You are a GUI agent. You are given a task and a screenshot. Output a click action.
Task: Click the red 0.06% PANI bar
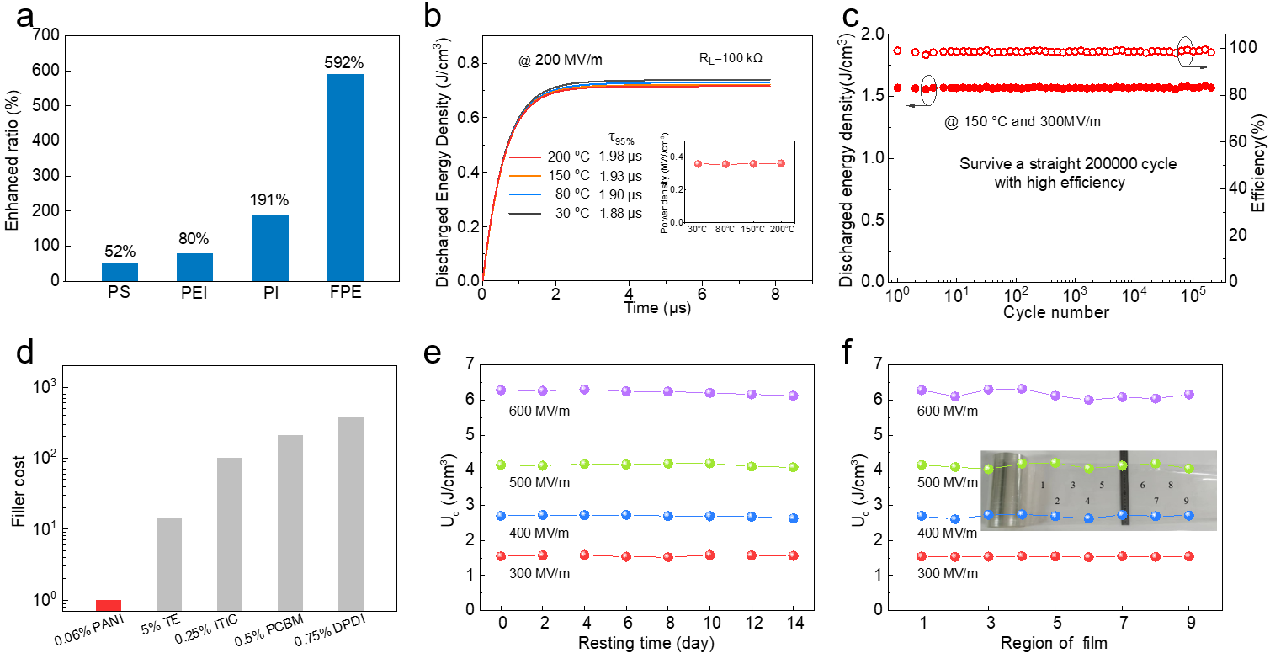[x=109, y=604]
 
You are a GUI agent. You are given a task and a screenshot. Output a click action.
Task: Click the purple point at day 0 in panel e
[x=501, y=390]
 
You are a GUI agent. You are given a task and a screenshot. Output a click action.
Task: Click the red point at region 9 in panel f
[x=1188, y=556]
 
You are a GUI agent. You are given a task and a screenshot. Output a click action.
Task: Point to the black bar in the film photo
[x=1122, y=492]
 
